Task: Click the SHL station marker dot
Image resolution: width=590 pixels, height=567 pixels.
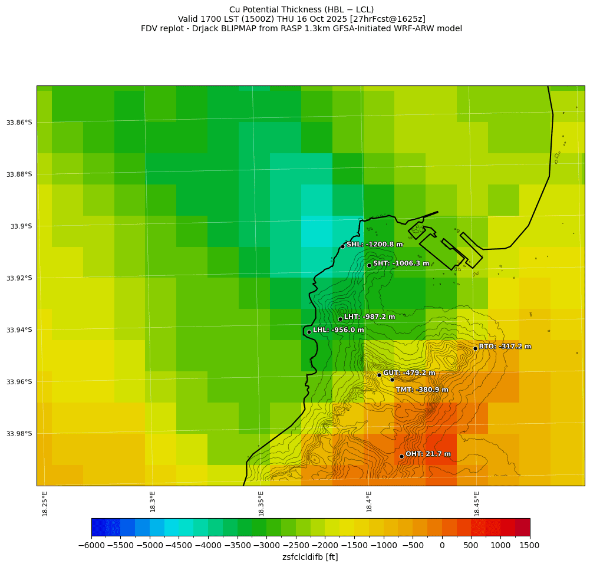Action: [342, 246]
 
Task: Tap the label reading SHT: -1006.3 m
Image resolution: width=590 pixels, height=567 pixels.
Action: [401, 263]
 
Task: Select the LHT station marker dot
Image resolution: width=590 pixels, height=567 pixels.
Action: [340, 319]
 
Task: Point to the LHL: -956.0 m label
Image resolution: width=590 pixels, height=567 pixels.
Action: [338, 330]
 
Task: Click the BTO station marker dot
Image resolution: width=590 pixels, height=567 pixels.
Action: [475, 348]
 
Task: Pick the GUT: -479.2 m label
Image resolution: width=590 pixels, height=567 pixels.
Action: [409, 373]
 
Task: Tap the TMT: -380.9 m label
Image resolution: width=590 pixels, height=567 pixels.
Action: [422, 390]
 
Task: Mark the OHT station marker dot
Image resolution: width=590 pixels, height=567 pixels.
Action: [401, 456]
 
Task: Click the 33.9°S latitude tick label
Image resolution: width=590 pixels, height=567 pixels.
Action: [20, 226]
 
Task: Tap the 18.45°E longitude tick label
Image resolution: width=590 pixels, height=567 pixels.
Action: [477, 503]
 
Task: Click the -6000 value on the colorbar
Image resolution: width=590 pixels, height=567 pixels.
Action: [92, 546]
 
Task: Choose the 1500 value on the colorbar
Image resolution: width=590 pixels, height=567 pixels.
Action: [529, 546]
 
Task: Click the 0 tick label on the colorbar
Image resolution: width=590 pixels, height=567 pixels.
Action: [442, 546]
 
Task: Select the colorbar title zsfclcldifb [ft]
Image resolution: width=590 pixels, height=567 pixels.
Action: [310, 557]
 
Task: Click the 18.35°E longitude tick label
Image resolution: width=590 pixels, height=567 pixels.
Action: [261, 503]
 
